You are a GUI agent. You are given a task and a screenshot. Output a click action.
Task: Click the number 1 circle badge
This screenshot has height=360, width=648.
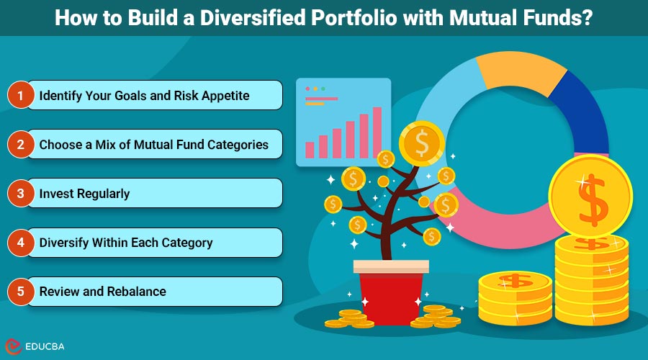tap(21, 95)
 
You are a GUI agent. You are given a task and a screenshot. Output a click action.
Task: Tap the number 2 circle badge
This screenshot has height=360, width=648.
tap(21, 144)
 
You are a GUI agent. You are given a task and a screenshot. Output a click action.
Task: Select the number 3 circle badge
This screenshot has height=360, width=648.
tap(21, 193)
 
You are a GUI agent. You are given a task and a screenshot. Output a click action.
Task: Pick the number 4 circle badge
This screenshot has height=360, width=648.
tap(21, 242)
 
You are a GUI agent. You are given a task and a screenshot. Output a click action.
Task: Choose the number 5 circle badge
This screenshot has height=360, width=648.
tap(21, 291)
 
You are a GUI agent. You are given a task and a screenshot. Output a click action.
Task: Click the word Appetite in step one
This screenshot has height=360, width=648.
tap(222, 95)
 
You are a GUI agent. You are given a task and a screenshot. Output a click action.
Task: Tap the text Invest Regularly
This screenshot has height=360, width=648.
tap(84, 193)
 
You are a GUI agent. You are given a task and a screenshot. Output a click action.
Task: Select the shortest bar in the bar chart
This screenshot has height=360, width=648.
tap(310, 149)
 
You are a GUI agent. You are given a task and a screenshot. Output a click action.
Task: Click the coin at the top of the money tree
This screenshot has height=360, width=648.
tap(421, 143)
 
